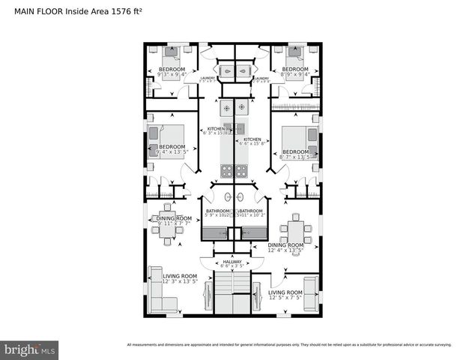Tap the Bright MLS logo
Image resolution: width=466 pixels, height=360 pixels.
pos(30,349)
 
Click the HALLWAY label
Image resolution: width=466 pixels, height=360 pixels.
pos(232,262)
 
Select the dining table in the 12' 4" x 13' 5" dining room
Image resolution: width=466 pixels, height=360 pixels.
pos(296,228)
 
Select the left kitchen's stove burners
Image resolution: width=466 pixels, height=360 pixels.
pos(226,108)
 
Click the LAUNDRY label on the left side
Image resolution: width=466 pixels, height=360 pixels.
pos(208,77)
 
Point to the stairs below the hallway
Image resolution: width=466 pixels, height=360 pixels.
pos(232,293)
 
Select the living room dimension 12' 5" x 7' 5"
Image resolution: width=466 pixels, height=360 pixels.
pos(285,297)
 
